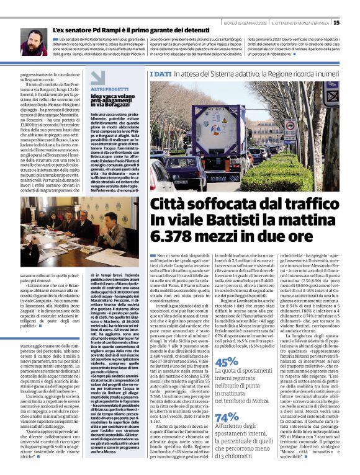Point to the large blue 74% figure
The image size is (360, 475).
click(x=226, y=417)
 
